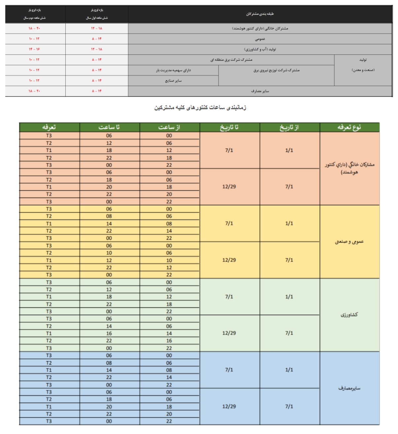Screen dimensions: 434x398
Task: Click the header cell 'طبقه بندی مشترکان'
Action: pyautogui.click(x=260, y=14)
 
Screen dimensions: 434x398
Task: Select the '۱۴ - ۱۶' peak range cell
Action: pyautogui.click(x=34, y=49)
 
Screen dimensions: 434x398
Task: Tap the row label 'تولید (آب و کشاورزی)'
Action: pyautogui.click(x=260, y=49)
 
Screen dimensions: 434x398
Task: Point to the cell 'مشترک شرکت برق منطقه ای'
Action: pyautogui.click(x=231, y=60)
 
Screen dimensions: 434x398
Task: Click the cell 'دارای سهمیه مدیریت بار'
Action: pyautogui.click(x=173, y=70)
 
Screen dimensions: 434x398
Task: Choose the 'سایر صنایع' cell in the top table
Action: pyautogui.click(x=173, y=81)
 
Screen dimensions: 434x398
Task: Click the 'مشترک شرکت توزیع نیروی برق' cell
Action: pyautogui.click(x=277, y=70)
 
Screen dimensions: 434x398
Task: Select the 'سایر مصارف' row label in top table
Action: pyautogui.click(x=260, y=91)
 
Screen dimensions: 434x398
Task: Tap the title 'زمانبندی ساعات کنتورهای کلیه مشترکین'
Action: pyautogui.click(x=200, y=108)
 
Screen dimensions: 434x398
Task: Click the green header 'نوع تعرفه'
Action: pyautogui.click(x=349, y=127)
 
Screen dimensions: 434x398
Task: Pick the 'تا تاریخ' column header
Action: pyautogui.click(x=229, y=127)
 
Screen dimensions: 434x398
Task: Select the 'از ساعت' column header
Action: pyautogui.click(x=169, y=127)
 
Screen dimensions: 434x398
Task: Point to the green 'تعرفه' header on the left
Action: pyautogui.click(x=49, y=127)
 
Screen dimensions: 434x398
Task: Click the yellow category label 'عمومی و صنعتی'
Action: pyautogui.click(x=349, y=242)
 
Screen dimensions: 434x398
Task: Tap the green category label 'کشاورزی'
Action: pyautogui.click(x=349, y=315)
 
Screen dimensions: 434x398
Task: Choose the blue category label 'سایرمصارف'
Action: pyautogui.click(x=349, y=388)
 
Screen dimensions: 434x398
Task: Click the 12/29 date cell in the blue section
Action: pyautogui.click(x=229, y=407)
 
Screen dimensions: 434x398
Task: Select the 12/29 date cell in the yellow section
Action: pyautogui.click(x=229, y=260)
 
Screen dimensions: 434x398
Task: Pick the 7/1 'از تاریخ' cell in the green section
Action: pyautogui.click(x=289, y=333)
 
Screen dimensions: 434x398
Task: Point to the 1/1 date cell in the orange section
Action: pyautogui.click(x=289, y=150)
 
